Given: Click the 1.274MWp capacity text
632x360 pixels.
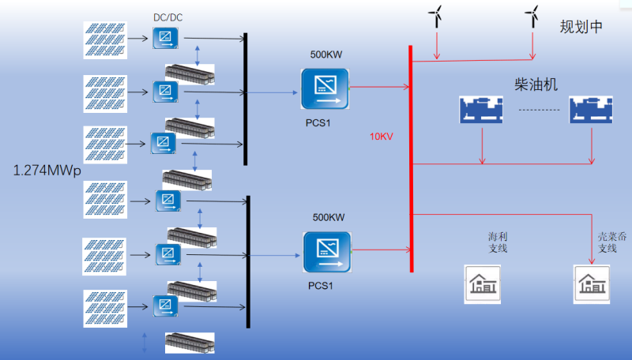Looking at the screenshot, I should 47,170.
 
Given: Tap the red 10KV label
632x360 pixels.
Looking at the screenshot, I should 382,136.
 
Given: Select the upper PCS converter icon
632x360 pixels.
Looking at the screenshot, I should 325,88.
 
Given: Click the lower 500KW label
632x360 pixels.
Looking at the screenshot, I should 329,217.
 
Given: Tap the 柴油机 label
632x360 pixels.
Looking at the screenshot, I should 536,84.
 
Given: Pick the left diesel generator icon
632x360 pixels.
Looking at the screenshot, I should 481,110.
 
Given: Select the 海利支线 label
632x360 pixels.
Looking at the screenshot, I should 498,242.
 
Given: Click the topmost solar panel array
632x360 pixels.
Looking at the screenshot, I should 105,39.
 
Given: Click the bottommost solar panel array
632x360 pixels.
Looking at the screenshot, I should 104,309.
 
